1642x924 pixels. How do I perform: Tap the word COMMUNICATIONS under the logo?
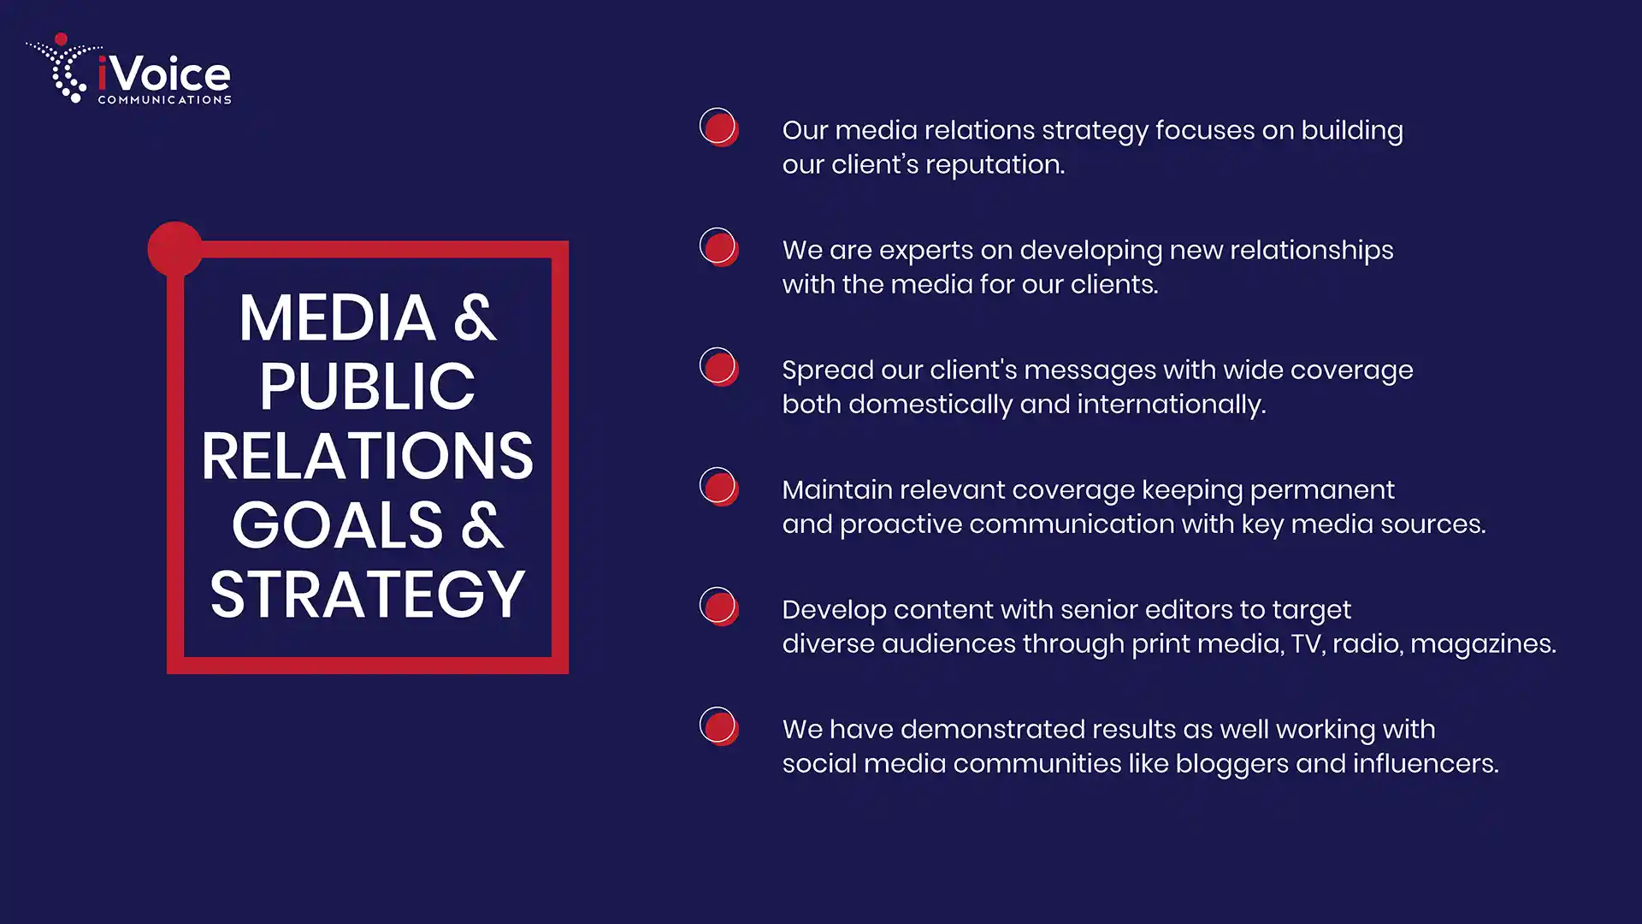(164, 100)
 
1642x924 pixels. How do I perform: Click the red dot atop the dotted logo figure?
(61, 39)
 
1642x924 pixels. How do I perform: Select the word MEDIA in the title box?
(337, 318)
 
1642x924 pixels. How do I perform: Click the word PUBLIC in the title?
(367, 387)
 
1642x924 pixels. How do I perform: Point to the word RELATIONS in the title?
(367, 456)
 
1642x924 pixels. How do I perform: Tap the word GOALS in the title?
(338, 524)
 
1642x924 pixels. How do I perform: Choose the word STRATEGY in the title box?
(367, 594)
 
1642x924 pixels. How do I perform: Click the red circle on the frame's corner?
(175, 249)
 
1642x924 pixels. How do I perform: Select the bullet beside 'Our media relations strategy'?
(719, 127)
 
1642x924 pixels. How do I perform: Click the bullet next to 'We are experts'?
(719, 247)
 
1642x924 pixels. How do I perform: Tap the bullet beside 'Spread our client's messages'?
(719, 367)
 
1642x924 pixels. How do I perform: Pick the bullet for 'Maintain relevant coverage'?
(719, 487)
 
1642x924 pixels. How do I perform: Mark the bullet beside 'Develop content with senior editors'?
(719, 607)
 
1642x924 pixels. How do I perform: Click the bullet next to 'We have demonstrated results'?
(719, 726)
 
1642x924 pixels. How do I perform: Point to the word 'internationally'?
(1171, 405)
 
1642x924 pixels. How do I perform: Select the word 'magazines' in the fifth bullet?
(1484, 644)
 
